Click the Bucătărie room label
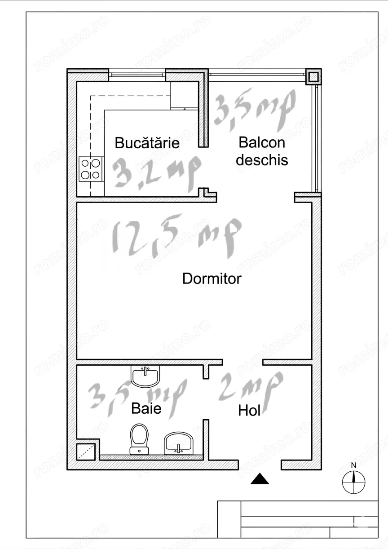147,143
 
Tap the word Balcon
262,142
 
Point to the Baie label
146,408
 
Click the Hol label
249,410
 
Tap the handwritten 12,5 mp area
176,236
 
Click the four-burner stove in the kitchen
91,169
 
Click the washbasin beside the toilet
179,442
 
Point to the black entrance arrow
260,479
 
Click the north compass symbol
353,482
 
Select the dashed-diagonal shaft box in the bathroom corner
86,452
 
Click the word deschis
262,160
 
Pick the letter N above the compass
353,465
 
